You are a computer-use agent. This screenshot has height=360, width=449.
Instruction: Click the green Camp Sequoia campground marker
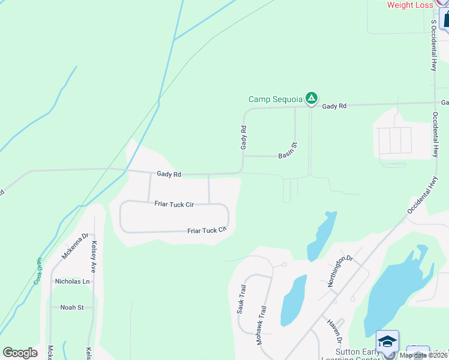[x=311, y=98]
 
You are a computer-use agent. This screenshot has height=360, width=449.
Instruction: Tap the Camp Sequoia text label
[x=276, y=100]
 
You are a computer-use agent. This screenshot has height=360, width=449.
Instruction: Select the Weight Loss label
[x=410, y=5]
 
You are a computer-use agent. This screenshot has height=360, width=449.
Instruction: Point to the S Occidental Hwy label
[x=433, y=46]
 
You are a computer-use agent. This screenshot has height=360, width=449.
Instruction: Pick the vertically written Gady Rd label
[x=244, y=137]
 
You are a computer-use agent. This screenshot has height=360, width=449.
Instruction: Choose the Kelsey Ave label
[x=94, y=256]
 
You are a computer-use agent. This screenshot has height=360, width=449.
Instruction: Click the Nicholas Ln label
[x=72, y=281]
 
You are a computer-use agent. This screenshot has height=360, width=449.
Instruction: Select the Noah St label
[x=72, y=307]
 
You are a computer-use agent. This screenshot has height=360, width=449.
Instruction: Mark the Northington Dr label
[x=340, y=271]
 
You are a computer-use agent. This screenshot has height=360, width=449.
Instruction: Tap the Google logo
[x=20, y=353]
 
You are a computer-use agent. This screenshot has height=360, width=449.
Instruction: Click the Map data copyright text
[x=423, y=355]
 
